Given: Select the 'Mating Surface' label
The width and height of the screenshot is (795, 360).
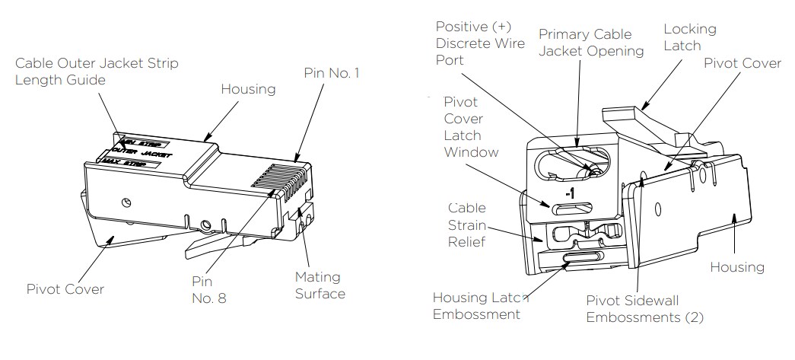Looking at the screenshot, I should [319, 285].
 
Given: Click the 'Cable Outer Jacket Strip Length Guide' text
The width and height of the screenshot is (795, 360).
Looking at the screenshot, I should [97, 72].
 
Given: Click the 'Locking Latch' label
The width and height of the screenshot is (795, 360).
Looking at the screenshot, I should [689, 37].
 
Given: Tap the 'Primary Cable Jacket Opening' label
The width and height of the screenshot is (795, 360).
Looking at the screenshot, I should [591, 43].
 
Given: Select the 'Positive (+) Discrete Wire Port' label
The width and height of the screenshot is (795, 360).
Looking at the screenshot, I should [480, 44].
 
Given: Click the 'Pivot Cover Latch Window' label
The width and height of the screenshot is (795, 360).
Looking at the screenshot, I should [471, 127].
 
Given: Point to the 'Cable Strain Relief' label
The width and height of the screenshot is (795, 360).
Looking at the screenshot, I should [466, 226].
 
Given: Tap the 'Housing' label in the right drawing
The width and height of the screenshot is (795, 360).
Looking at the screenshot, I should [736, 267].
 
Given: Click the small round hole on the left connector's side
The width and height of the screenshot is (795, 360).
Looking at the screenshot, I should [127, 201].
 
